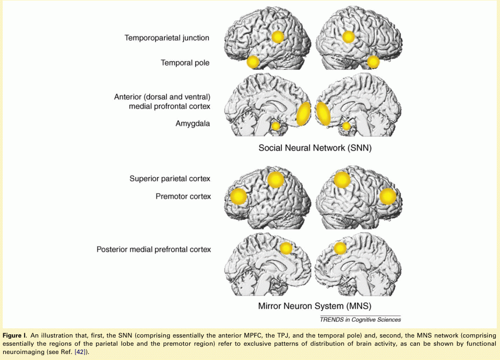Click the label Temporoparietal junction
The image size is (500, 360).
click(x=167, y=38)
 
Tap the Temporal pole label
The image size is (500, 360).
click(x=185, y=63)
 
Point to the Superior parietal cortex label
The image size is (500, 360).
click(x=170, y=178)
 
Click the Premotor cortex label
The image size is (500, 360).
click(x=183, y=196)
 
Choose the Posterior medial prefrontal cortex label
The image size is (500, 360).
click(x=153, y=249)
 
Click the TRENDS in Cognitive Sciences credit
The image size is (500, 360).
click(x=360, y=320)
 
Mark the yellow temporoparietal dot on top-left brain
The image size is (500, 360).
click(x=278, y=37)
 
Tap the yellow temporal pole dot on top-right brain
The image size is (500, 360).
click(x=373, y=62)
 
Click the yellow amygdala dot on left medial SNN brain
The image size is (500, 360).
click(x=276, y=126)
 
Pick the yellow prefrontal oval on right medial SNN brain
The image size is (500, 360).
click(x=323, y=113)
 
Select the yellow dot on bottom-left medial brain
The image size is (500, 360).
click(x=286, y=249)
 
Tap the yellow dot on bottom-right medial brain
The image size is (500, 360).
click(x=340, y=249)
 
